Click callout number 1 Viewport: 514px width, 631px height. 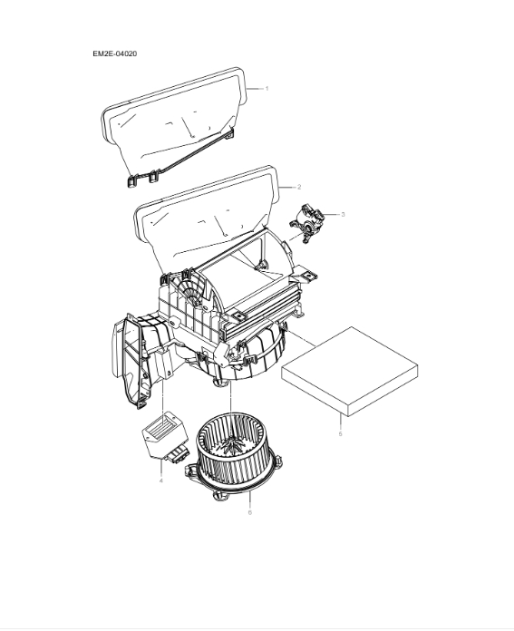pos(267,88)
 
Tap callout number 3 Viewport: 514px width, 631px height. pos(343,214)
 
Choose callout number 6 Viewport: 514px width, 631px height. pos(249,512)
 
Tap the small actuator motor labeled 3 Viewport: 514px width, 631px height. pos(310,219)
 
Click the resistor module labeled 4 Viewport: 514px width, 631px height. pos(162,433)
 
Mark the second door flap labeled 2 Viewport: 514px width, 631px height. pos(204,210)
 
